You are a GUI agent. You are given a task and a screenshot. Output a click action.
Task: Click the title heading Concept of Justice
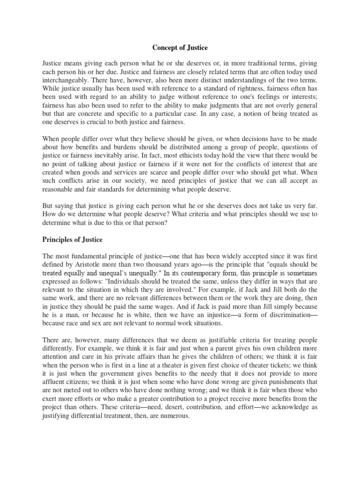point(180,47)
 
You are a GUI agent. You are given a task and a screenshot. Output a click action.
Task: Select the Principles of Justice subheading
point(72,240)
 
